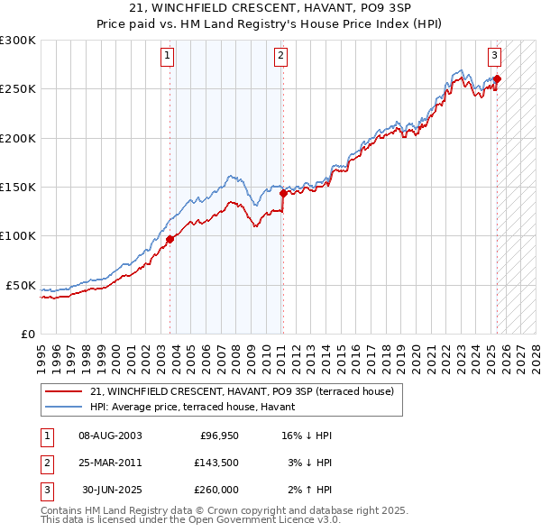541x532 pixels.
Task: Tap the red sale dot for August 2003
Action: click(x=170, y=239)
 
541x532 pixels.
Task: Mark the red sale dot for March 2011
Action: click(x=283, y=193)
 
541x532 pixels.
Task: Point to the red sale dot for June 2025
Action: click(x=497, y=78)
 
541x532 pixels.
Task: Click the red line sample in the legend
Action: click(x=63, y=392)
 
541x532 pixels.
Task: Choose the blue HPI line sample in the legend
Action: click(x=63, y=407)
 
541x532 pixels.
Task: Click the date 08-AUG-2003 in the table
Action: click(x=111, y=436)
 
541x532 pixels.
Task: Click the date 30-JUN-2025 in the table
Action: click(x=111, y=490)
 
